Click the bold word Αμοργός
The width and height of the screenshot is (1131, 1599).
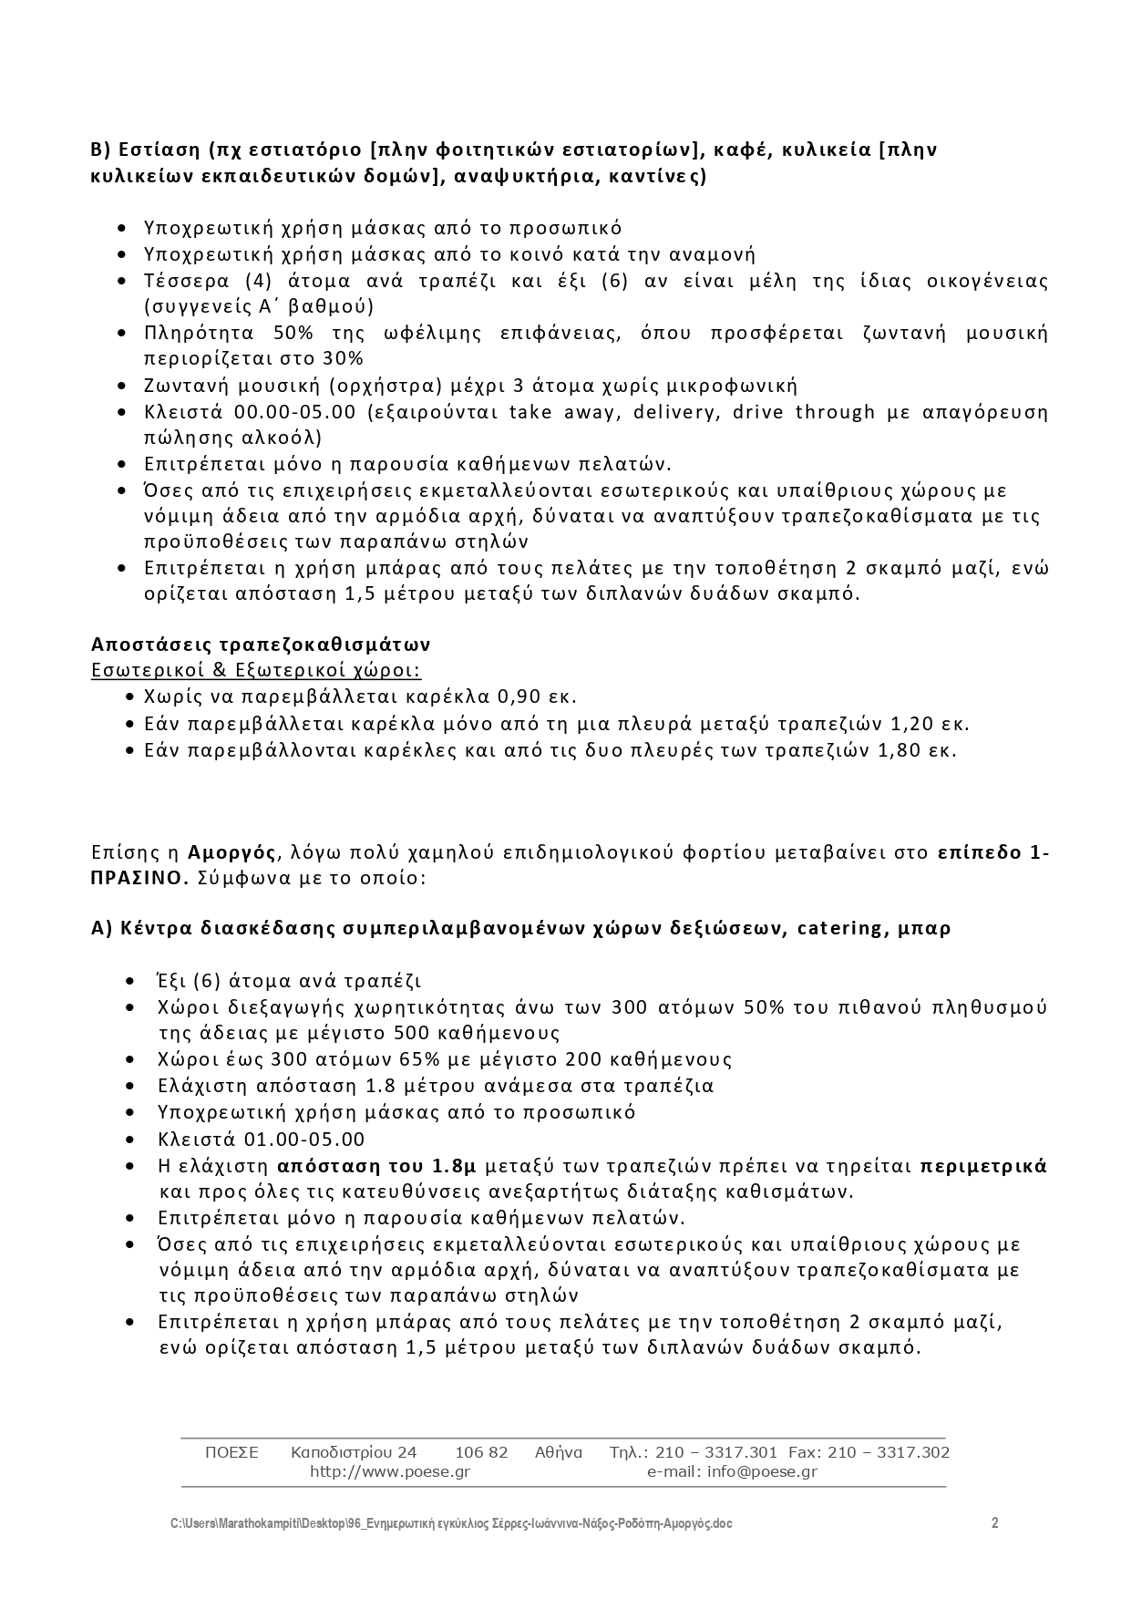231,853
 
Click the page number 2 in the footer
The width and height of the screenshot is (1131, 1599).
994,1523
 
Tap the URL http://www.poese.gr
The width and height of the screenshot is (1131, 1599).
389,1471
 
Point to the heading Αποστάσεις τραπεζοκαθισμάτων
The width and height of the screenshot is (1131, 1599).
261,645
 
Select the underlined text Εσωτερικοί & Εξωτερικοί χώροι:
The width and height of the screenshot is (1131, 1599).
256,671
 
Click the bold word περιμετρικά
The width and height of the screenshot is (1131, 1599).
983,1166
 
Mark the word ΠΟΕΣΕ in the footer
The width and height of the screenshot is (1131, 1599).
231,1452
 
